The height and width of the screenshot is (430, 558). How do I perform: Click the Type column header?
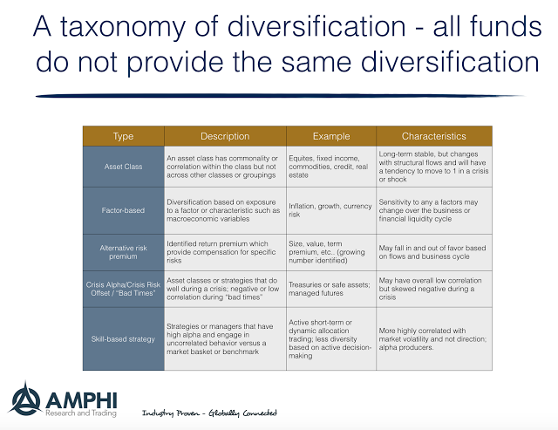[123, 136]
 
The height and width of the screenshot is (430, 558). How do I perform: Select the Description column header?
[225, 136]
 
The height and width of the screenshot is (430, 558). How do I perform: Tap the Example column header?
[331, 136]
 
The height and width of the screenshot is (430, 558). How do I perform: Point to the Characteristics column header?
[434, 136]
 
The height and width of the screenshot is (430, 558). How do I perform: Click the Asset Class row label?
[123, 167]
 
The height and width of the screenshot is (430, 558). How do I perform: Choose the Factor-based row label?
[123, 210]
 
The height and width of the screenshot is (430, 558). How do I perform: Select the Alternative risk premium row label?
[123, 252]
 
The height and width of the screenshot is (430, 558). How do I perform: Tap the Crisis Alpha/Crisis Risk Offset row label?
[123, 289]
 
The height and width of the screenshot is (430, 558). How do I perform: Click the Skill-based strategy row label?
[123, 339]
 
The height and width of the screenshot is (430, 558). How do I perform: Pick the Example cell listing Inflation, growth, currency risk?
[330, 210]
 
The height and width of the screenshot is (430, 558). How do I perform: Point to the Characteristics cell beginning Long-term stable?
[433, 167]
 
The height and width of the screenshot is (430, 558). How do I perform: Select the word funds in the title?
[506, 26]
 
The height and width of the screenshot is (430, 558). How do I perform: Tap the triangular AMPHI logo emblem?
[25, 399]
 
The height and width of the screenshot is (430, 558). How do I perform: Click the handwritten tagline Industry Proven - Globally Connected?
[209, 413]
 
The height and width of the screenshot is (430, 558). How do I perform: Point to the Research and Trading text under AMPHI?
[81, 413]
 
